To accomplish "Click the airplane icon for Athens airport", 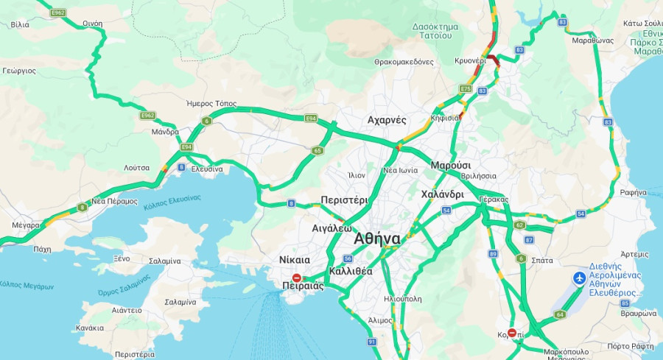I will click(x=580, y=278).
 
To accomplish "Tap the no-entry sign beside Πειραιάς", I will click(x=296, y=278).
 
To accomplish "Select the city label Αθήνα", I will click(x=377, y=239).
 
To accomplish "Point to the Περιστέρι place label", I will click(x=344, y=200).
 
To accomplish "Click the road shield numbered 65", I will click(x=318, y=150).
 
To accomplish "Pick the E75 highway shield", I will click(x=465, y=89).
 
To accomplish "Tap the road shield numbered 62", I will click(x=520, y=225).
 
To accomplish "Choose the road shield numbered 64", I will click(x=560, y=314).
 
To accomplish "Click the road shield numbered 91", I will click(x=371, y=342).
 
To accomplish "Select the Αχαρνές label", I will click(x=387, y=120).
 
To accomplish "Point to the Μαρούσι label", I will click(x=451, y=165).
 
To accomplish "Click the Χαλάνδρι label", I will click(x=442, y=195).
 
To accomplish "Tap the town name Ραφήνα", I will click(x=633, y=192).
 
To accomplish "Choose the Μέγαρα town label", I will click(x=25, y=225).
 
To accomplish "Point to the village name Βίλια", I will click(x=20, y=24).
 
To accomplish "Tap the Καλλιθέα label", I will click(x=351, y=271).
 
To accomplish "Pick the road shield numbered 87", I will click(x=529, y=240).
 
